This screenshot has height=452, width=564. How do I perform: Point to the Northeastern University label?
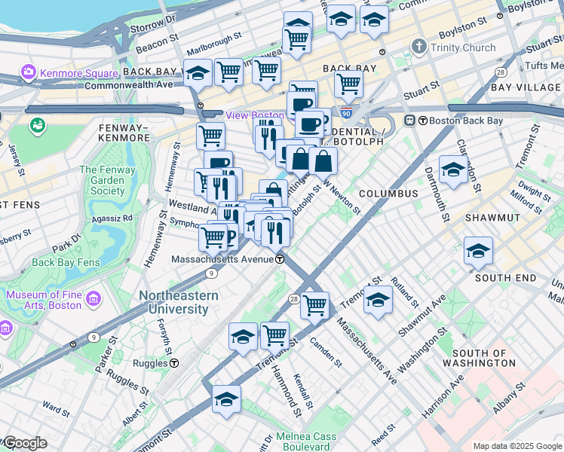coord(178,302)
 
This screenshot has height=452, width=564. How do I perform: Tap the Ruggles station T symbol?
coord(174,362)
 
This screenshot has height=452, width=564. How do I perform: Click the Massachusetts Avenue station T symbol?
coord(280,259)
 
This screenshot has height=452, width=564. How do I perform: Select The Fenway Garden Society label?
coord(107,181)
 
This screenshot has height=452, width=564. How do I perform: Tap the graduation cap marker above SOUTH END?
coord(478,252)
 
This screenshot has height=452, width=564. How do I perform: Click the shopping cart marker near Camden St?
coord(314,305)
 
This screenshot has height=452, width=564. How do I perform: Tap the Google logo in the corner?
coord(24,443)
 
